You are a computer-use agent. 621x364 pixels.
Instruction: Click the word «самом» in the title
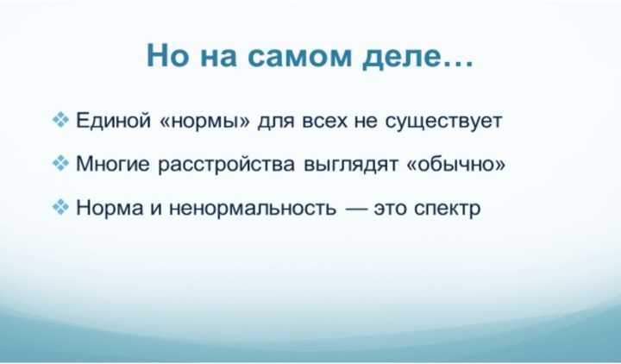coord(300,56)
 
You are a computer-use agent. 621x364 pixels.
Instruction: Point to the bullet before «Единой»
coord(60,119)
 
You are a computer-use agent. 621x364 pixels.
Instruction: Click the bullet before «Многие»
coord(60,163)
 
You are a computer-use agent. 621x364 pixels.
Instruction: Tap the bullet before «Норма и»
coord(60,206)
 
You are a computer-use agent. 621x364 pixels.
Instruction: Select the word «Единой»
coord(113,121)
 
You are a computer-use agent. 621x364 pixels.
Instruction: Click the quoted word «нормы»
coord(204,122)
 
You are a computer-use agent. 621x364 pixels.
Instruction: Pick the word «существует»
coord(443,122)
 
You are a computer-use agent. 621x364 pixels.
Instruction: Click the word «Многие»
coord(113,164)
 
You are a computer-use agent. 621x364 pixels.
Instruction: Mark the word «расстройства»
coord(227,165)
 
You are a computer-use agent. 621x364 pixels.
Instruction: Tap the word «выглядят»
coord(351,166)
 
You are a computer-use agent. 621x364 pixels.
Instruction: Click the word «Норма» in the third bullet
coord(110,208)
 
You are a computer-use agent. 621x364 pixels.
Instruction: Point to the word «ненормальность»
coord(253,209)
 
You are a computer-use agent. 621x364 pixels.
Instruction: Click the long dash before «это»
coord(354,209)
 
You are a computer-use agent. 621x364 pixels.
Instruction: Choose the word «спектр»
coord(447,210)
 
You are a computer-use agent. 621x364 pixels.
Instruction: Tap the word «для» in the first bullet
coord(276,122)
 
